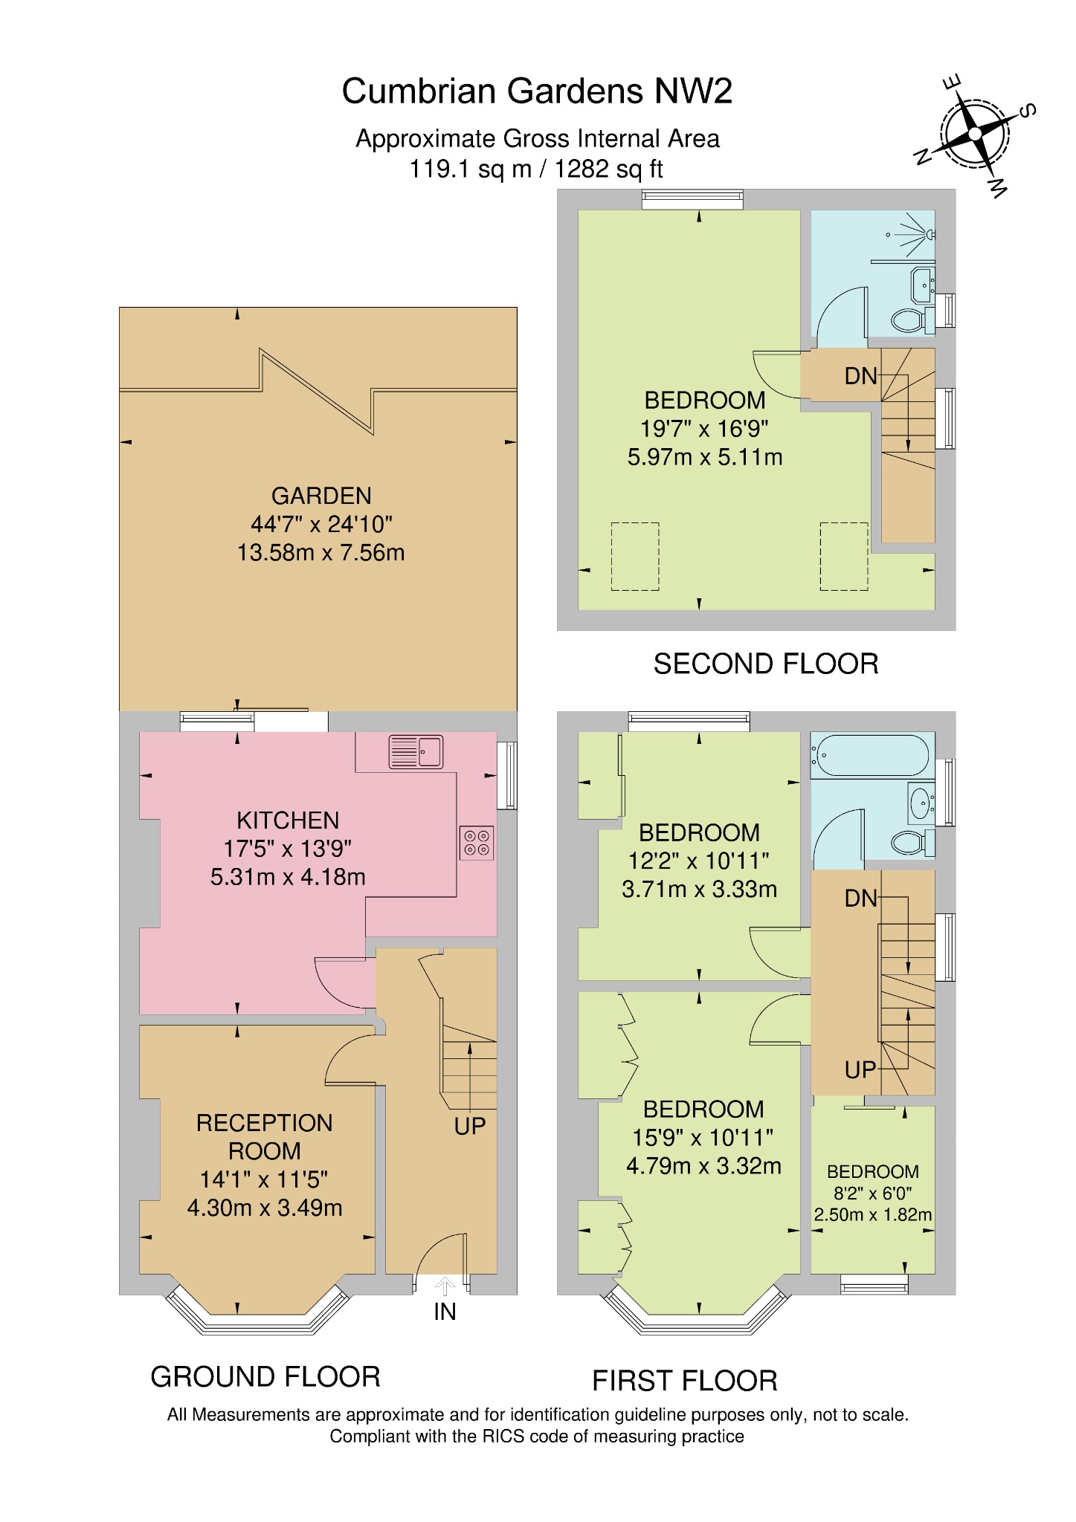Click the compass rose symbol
[975, 135]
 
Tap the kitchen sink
[416, 751]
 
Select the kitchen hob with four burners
[477, 843]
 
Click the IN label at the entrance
[445, 1312]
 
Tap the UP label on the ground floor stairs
[469, 1127]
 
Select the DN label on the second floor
[861, 376]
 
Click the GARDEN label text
[321, 496]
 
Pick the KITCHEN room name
[288, 820]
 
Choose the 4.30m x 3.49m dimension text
[265, 1208]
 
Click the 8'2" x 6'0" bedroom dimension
[873, 1193]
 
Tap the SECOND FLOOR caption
[766, 664]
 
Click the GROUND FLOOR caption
[265, 1377]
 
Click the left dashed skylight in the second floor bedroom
[635, 557]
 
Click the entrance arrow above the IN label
[445, 1286]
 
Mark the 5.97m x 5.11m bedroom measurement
[705, 457]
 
